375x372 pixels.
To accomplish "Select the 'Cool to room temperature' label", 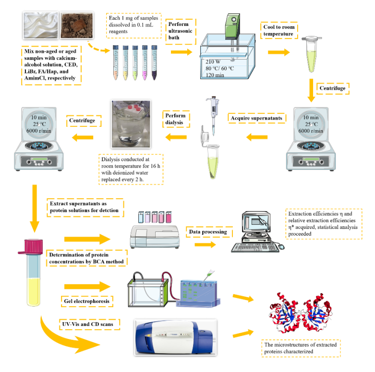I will (278, 31).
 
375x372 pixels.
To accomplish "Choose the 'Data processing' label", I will (207, 232).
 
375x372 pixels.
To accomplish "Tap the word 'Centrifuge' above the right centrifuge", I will (331, 88).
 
